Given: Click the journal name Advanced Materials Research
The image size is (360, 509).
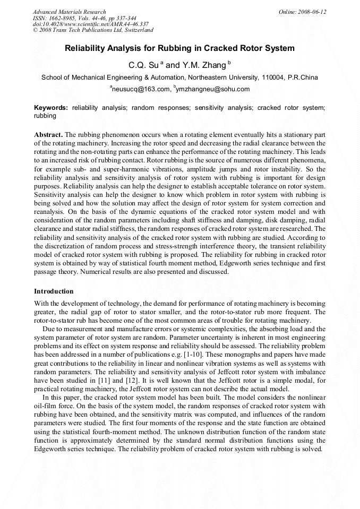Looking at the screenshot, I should coord(69,12).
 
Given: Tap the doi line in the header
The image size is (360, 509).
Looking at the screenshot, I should coord(90,24).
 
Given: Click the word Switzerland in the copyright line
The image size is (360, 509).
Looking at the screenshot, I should coord(136,30).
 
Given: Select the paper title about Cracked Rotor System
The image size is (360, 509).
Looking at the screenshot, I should coord(179,48).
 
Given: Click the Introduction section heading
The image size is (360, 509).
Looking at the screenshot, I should coord(54,291).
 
